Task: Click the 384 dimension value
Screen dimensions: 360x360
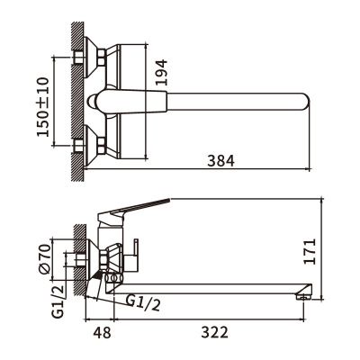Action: [x=220, y=161]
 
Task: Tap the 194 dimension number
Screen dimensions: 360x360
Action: [x=161, y=72]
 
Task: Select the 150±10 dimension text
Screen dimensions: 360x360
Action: [x=42, y=107]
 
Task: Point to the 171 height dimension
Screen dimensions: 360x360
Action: [x=310, y=251]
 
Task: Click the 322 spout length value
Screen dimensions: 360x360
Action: [x=215, y=332]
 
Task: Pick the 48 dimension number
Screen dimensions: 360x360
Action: [x=102, y=332]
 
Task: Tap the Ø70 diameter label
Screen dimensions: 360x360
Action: [x=44, y=259]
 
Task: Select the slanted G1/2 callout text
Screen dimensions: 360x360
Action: [x=143, y=302]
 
